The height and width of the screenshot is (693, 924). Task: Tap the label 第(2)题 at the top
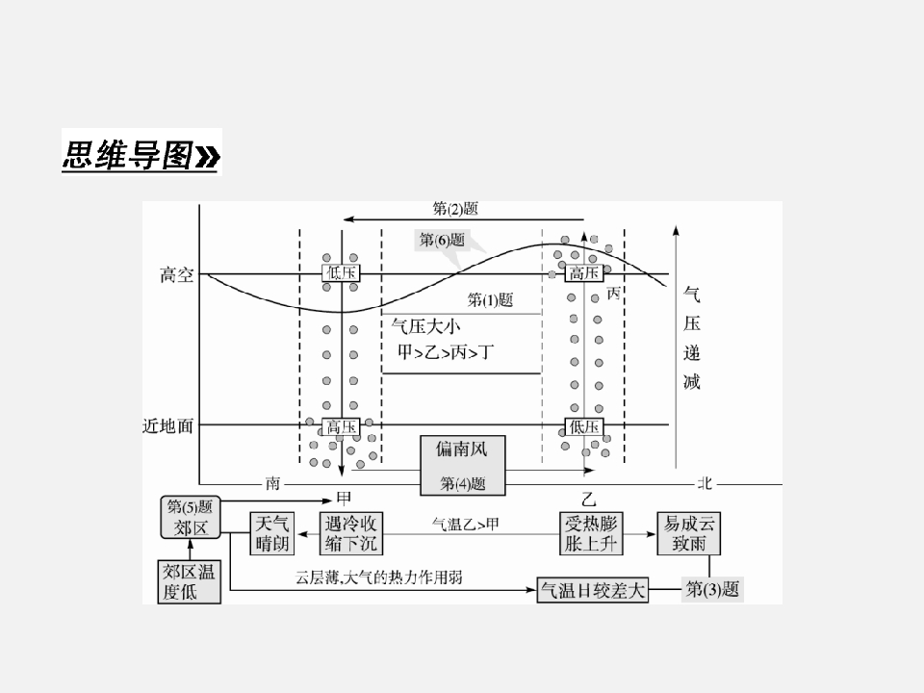[x=455, y=208]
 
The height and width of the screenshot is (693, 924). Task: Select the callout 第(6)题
[x=442, y=240]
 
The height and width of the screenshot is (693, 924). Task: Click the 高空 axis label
[x=177, y=274]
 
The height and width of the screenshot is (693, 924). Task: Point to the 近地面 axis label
[x=167, y=425]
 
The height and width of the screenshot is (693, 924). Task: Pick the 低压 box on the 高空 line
[x=341, y=272]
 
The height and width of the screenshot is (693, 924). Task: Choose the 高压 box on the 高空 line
[x=584, y=272]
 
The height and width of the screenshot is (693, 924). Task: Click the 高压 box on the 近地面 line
[x=341, y=426]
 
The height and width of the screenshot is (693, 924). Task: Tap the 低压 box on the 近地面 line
[x=584, y=426]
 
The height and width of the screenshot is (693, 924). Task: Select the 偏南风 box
[x=463, y=466]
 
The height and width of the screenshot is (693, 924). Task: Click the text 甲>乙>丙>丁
[x=446, y=352]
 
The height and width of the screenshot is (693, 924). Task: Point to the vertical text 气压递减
[x=692, y=338]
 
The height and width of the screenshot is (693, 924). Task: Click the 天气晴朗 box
[x=272, y=533]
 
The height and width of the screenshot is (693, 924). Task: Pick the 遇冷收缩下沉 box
[x=351, y=533]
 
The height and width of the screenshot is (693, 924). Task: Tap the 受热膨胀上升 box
[x=591, y=533]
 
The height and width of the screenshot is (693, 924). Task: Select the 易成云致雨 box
[x=689, y=533]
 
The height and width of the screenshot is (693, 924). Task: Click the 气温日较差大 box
[x=593, y=590]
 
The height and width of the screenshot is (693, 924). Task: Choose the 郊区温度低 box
[x=190, y=581]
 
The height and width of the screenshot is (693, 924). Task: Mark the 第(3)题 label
[x=712, y=589]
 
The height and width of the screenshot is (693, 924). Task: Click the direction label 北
[x=705, y=483]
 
